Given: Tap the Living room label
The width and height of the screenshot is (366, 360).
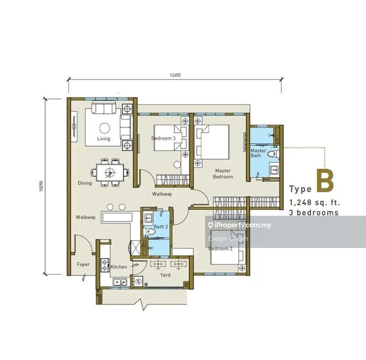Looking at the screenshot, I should (103, 139).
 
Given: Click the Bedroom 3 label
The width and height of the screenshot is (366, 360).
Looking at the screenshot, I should (163, 138).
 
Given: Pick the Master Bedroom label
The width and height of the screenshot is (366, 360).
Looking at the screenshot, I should (223, 173).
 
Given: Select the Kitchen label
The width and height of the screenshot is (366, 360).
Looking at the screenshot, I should (118, 267).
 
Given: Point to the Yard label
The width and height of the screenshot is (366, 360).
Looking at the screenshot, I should (165, 275).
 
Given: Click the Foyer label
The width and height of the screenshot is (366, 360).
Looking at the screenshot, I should (83, 264).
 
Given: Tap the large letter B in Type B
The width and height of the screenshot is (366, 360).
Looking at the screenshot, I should (324, 181).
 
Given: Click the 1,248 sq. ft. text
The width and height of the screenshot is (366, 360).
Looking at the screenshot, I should (314, 202).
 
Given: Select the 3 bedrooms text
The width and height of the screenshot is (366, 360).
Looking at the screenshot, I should (314, 213).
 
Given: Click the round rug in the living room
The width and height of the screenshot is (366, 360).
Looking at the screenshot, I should (104, 128).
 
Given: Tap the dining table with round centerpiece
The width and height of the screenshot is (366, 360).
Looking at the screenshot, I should (110, 172).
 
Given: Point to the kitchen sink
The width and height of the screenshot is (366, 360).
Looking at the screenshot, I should (121, 282).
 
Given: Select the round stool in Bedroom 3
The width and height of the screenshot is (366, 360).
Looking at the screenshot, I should (178, 165).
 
